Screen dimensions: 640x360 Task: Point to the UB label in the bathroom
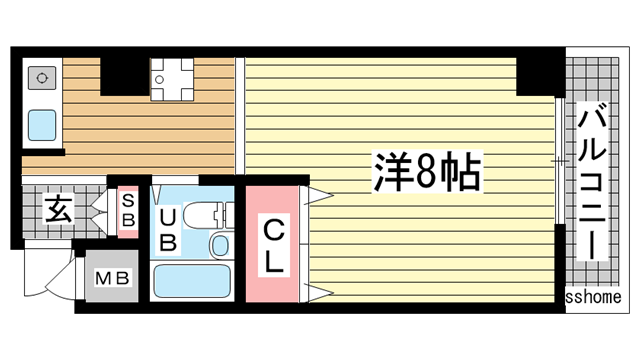click(168, 229)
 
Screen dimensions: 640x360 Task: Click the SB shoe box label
click(129, 210)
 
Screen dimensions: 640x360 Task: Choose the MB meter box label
click(112, 277)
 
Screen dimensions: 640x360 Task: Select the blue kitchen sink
click(41, 125)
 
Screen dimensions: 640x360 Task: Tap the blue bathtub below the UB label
click(192, 283)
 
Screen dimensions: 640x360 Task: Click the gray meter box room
click(112, 277)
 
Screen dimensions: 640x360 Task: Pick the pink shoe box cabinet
click(129, 211)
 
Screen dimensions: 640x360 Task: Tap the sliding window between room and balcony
click(559, 160)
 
